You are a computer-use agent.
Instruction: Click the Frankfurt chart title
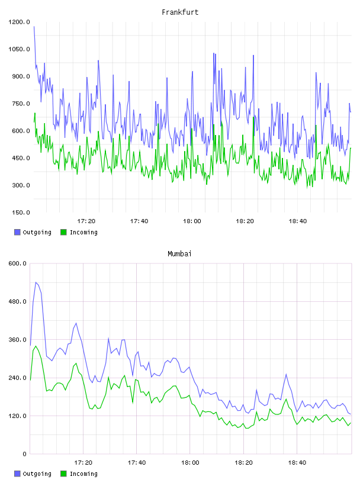pyautogui.click(x=180, y=12)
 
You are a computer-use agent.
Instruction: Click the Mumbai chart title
pyautogui.click(x=179, y=254)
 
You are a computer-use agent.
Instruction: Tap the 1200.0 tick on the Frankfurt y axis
pyautogui.click(x=19, y=22)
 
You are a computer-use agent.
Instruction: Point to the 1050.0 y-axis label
pyautogui.click(x=19, y=49)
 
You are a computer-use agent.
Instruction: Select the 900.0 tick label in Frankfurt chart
pyautogui.click(x=21, y=76)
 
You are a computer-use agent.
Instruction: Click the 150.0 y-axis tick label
pyautogui.click(x=21, y=212)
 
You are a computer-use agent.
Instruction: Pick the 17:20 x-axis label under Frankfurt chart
pyautogui.click(x=86, y=221)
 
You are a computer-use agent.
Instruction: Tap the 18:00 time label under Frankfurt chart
pyautogui.click(x=192, y=221)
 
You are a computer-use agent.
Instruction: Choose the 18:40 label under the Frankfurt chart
pyautogui.click(x=298, y=221)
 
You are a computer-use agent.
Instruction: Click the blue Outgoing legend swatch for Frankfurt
pyautogui.click(x=17, y=232)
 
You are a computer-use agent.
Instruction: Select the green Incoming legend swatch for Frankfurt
pyautogui.click(x=63, y=232)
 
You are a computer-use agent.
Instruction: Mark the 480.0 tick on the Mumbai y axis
pyautogui.click(x=18, y=301)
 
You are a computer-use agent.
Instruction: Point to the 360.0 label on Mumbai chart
pyautogui.click(x=18, y=340)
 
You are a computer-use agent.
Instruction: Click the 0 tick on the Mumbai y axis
pyautogui.click(x=25, y=454)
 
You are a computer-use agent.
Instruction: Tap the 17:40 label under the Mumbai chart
pyautogui.click(x=137, y=463)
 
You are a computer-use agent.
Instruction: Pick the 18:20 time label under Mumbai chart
pyautogui.click(x=243, y=463)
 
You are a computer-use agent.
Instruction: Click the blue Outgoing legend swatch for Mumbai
pyautogui.click(x=17, y=474)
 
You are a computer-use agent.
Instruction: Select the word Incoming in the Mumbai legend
pyautogui.click(x=83, y=474)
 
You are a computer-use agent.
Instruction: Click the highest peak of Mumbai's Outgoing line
pyautogui.click(x=36, y=282)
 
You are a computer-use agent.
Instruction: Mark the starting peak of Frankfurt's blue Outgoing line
pyautogui.click(x=34, y=27)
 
